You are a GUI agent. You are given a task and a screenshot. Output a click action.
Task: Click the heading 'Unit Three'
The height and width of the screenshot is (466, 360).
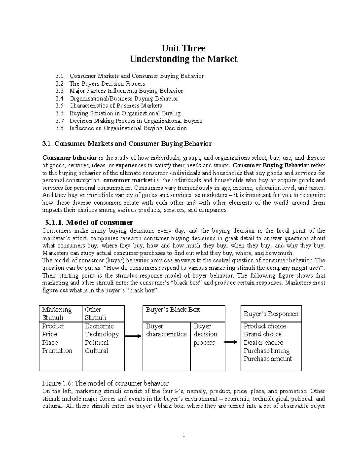click(183, 48)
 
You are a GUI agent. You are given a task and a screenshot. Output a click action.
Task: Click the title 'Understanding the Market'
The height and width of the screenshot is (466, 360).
click(183, 59)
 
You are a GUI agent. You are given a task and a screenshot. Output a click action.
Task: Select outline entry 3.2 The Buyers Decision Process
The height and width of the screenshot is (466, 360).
click(107, 84)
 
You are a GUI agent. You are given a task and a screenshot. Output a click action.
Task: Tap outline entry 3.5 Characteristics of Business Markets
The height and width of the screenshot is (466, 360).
click(115, 106)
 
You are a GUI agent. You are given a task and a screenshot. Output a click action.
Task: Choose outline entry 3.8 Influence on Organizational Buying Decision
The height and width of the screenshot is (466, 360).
click(128, 128)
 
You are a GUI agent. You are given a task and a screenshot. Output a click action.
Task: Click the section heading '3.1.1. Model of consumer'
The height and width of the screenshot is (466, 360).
click(89, 222)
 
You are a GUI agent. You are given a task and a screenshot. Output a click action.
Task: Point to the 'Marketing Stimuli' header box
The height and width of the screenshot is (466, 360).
click(60, 314)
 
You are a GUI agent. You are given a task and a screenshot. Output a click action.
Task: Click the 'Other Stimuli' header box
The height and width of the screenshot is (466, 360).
click(103, 314)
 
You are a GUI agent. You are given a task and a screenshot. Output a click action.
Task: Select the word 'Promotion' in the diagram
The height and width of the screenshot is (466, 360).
click(57, 350)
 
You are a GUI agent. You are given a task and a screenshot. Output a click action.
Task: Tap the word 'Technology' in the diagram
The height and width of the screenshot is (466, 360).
click(102, 334)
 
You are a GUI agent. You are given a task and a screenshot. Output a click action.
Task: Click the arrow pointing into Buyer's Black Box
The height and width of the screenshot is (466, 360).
click(133, 336)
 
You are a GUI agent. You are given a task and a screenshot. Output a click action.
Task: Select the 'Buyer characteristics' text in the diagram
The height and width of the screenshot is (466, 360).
click(166, 330)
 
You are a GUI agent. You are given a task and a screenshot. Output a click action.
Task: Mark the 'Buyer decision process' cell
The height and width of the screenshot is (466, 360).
click(205, 334)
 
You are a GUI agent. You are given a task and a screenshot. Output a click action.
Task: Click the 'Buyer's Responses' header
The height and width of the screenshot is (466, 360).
click(271, 314)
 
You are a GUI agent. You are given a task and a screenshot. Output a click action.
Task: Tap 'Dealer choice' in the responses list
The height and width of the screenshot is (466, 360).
click(263, 342)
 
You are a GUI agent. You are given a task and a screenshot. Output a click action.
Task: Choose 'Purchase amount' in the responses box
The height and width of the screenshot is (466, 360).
click(268, 359)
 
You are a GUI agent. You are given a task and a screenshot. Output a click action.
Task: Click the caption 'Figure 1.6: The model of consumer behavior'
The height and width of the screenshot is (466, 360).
click(106, 383)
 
